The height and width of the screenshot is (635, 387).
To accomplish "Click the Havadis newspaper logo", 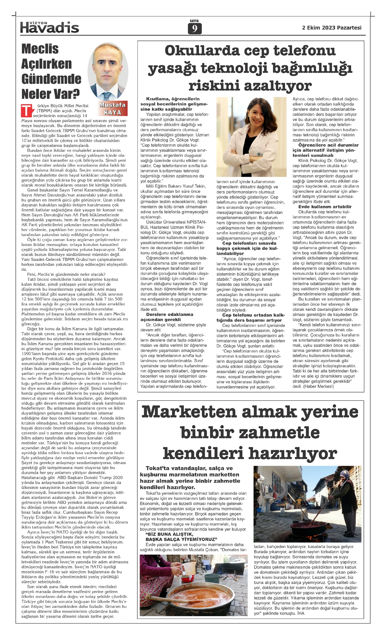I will click(x=49, y=28).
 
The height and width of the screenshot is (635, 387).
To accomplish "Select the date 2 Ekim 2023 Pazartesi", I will click(x=332, y=28).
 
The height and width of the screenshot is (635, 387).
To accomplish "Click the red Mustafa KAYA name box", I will click(x=113, y=109).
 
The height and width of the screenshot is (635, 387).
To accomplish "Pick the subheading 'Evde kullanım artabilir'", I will click(x=325, y=207).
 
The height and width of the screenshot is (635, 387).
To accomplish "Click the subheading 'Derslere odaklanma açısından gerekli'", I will click(x=170, y=317).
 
